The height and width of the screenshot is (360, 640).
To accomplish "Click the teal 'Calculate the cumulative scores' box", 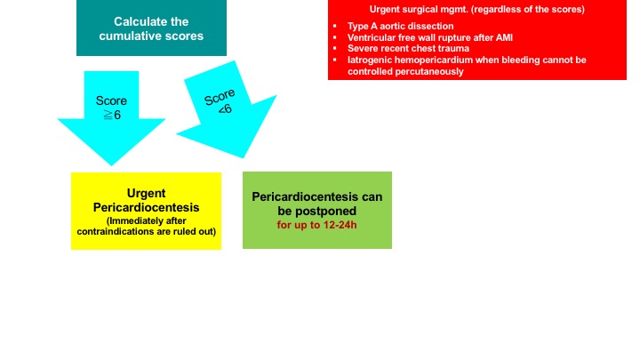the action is (151, 28).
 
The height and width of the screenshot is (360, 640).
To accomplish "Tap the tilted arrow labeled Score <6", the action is (227, 110).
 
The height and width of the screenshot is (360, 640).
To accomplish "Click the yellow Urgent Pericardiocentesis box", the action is (146, 211).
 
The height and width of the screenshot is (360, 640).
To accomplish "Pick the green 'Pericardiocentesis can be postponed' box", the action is (317, 210).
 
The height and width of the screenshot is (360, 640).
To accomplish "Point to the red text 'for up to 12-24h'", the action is (316, 225).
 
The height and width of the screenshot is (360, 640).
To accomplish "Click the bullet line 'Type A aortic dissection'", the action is (400, 26).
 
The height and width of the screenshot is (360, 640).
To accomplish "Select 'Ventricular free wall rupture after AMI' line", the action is (430, 37).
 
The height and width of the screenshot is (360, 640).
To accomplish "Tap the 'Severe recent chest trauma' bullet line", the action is (408, 49).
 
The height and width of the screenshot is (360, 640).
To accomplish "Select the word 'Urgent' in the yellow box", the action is (146, 193).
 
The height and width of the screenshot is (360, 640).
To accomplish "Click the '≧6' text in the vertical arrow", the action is (112, 115).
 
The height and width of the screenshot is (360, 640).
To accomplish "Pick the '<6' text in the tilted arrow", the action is (225, 109).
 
